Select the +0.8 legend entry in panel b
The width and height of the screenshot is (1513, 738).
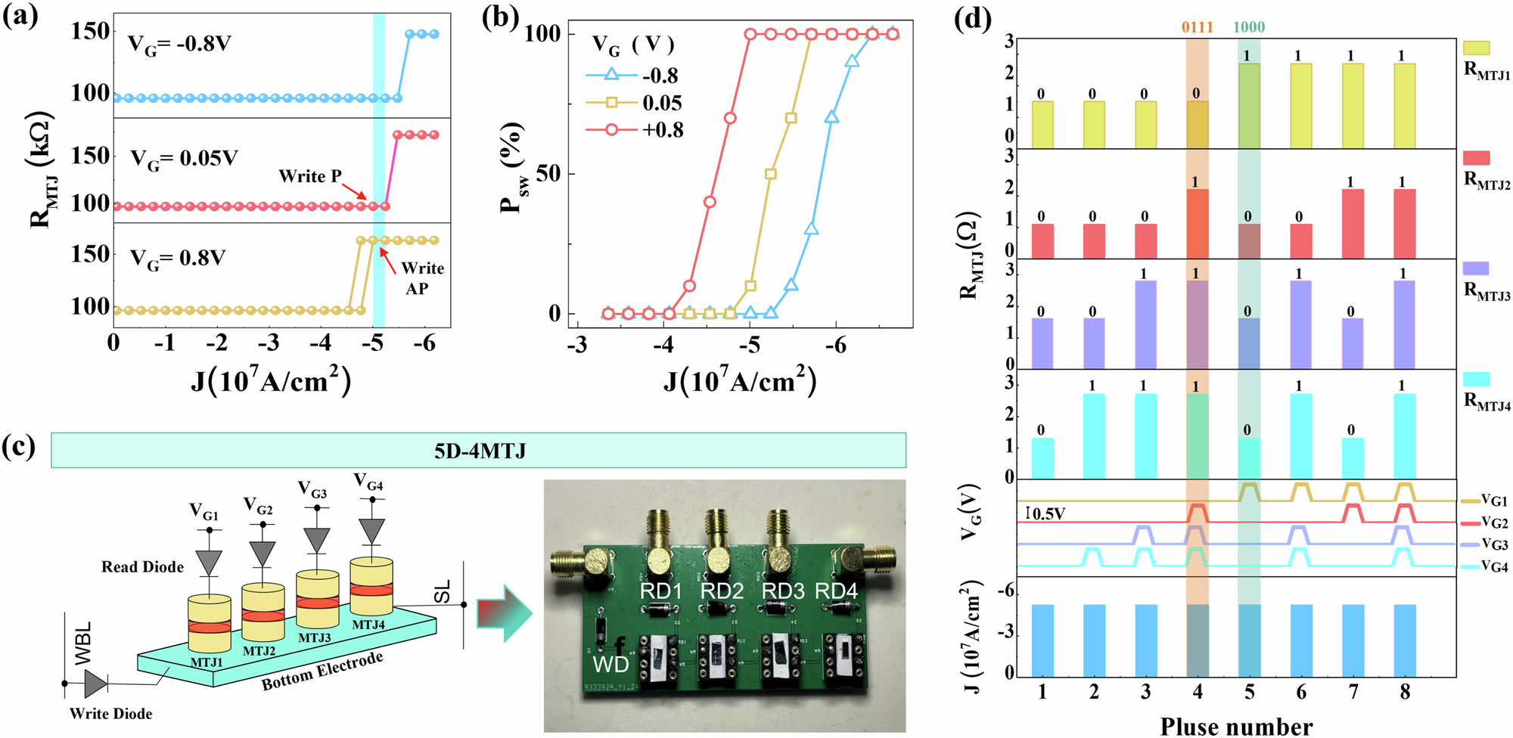click(663, 130)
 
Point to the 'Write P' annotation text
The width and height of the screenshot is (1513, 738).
click(309, 176)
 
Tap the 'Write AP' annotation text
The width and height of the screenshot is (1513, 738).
click(421, 278)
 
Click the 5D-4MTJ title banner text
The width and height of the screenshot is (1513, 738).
click(480, 451)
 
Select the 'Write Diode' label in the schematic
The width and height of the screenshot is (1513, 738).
click(110, 714)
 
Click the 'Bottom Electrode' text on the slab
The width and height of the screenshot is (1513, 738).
click(322, 671)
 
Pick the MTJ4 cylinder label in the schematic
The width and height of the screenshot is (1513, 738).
click(368, 625)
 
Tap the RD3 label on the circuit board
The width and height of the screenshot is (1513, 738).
click(783, 591)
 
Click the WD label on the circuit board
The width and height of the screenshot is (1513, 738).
click(610, 664)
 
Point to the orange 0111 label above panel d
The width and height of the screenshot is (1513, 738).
click(1197, 27)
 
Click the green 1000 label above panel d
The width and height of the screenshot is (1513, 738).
click(1249, 27)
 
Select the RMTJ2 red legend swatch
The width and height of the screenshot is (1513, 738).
click(1476, 157)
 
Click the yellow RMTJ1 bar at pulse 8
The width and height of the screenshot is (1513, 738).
click(1405, 106)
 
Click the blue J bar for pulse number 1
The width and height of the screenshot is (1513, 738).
click(1042, 640)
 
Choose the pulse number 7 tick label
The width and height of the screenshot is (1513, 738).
click(1353, 692)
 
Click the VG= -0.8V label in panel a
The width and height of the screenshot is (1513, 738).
click(179, 44)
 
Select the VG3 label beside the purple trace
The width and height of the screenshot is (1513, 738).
click(1494, 544)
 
